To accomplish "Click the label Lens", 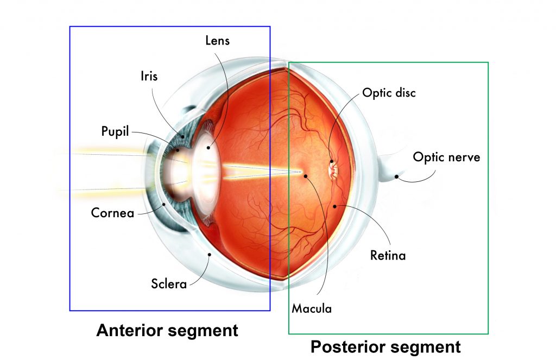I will [x=218, y=41].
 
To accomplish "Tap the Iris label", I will [x=149, y=76].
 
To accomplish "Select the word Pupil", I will [x=115, y=131].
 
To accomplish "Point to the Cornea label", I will [x=112, y=212].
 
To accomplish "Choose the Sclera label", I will [x=169, y=283].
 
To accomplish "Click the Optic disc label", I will [x=389, y=93].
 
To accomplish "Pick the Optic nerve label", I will [x=446, y=157].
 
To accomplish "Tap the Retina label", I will [x=388, y=255].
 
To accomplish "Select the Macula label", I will [x=312, y=308].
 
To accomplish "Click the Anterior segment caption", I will [x=167, y=330].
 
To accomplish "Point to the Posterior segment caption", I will [x=386, y=346].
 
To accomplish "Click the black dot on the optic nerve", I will [x=397, y=176].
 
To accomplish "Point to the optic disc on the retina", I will [x=333, y=168].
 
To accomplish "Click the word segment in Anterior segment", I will [x=207, y=330].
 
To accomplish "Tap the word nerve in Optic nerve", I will [x=463, y=157].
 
